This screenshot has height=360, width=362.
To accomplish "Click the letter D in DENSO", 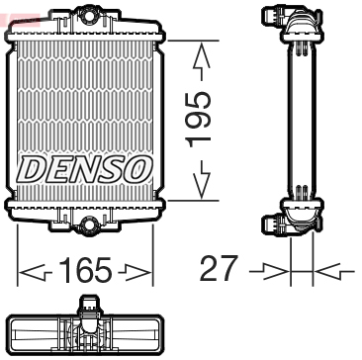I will [x=34, y=169].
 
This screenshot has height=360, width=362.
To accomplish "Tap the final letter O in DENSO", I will [x=138, y=169].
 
